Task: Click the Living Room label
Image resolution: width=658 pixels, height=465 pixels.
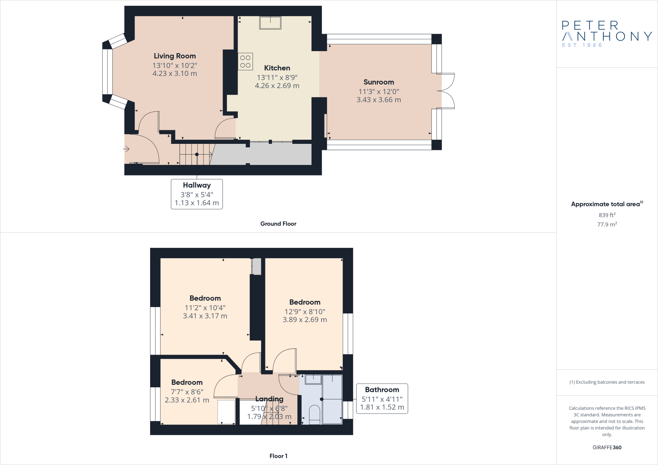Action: pos(174,56)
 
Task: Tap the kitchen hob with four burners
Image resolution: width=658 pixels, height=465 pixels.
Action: pos(245,61)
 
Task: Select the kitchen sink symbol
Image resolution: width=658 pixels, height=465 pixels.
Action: pos(270,23)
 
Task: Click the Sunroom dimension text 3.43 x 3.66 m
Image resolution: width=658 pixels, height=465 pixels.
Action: pos(378,100)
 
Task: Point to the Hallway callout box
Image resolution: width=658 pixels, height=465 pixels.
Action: pos(197,194)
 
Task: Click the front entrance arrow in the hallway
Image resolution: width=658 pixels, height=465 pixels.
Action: pos(126,149)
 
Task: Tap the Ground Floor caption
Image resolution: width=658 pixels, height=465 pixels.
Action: pos(278,224)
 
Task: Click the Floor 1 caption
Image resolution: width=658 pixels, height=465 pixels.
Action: pos(278,456)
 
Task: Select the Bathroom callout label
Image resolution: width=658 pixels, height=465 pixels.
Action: pos(382,390)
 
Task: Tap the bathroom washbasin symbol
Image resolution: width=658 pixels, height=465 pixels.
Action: pos(313,379)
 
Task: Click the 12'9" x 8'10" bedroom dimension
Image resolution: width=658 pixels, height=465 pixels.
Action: pos(305,311)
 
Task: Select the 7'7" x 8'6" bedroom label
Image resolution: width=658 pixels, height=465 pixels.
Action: pos(187,382)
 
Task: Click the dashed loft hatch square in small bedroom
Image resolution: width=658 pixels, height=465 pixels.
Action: pos(227,412)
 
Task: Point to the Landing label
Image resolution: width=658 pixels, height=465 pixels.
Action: pos(269,399)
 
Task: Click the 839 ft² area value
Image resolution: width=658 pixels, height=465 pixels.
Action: pos(607,215)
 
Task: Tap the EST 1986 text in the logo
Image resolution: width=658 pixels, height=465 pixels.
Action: pos(582,45)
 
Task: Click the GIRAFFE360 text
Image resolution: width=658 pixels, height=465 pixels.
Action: pos(607,447)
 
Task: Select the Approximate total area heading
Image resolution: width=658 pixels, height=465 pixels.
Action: pos(605,204)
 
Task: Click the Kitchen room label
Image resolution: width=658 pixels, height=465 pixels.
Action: pos(277,68)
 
